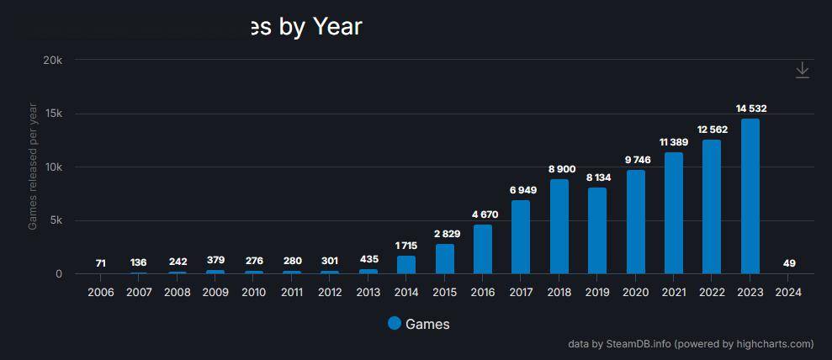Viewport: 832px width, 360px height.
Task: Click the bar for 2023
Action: point(750,196)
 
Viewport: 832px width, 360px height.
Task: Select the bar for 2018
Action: point(559,226)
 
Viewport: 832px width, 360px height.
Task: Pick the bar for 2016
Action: point(483,249)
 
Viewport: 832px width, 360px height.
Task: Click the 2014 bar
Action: point(406,264)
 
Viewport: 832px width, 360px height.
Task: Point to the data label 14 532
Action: point(750,109)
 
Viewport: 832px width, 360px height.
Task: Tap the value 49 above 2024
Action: point(788,263)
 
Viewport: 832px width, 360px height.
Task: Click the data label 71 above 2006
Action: point(101,263)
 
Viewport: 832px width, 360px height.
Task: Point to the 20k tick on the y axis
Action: point(53,61)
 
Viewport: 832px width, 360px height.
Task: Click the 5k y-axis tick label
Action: point(55,220)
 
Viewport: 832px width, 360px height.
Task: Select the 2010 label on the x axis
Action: point(253,293)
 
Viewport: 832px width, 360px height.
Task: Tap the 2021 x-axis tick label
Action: point(674,293)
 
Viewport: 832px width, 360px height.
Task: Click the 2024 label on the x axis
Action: point(788,293)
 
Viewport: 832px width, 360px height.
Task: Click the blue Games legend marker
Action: point(395,323)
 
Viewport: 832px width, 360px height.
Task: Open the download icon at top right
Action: point(803,71)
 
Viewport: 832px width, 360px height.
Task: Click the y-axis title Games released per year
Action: point(33,167)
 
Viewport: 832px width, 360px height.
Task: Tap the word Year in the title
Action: point(337,27)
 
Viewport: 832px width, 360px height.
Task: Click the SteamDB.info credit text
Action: point(631,343)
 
